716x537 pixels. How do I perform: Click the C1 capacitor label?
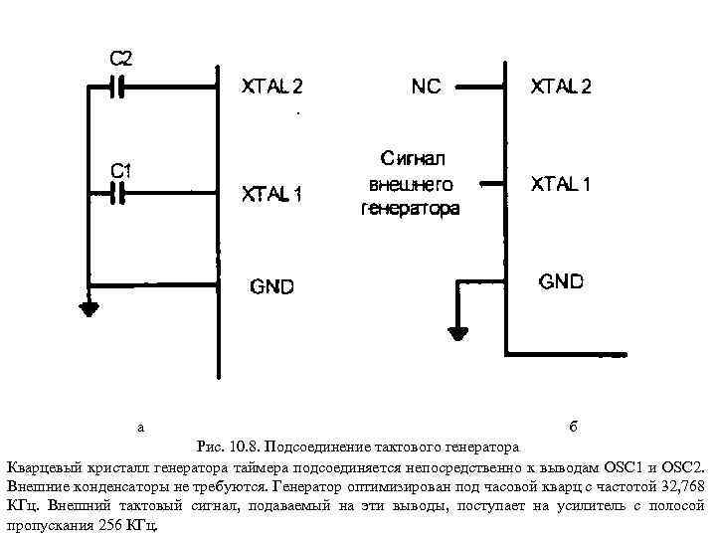click(121, 171)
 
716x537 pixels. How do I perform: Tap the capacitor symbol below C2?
click(119, 88)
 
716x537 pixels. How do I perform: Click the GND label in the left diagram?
click(271, 286)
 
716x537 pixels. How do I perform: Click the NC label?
click(427, 87)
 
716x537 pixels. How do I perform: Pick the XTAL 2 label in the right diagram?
click(560, 87)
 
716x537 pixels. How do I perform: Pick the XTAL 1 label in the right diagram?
click(560, 184)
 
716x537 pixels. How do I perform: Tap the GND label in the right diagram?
click(562, 280)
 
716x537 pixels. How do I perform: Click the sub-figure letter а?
click(141, 427)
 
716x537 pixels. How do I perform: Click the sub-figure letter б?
click(574, 427)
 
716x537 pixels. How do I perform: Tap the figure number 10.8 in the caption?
click(245, 446)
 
